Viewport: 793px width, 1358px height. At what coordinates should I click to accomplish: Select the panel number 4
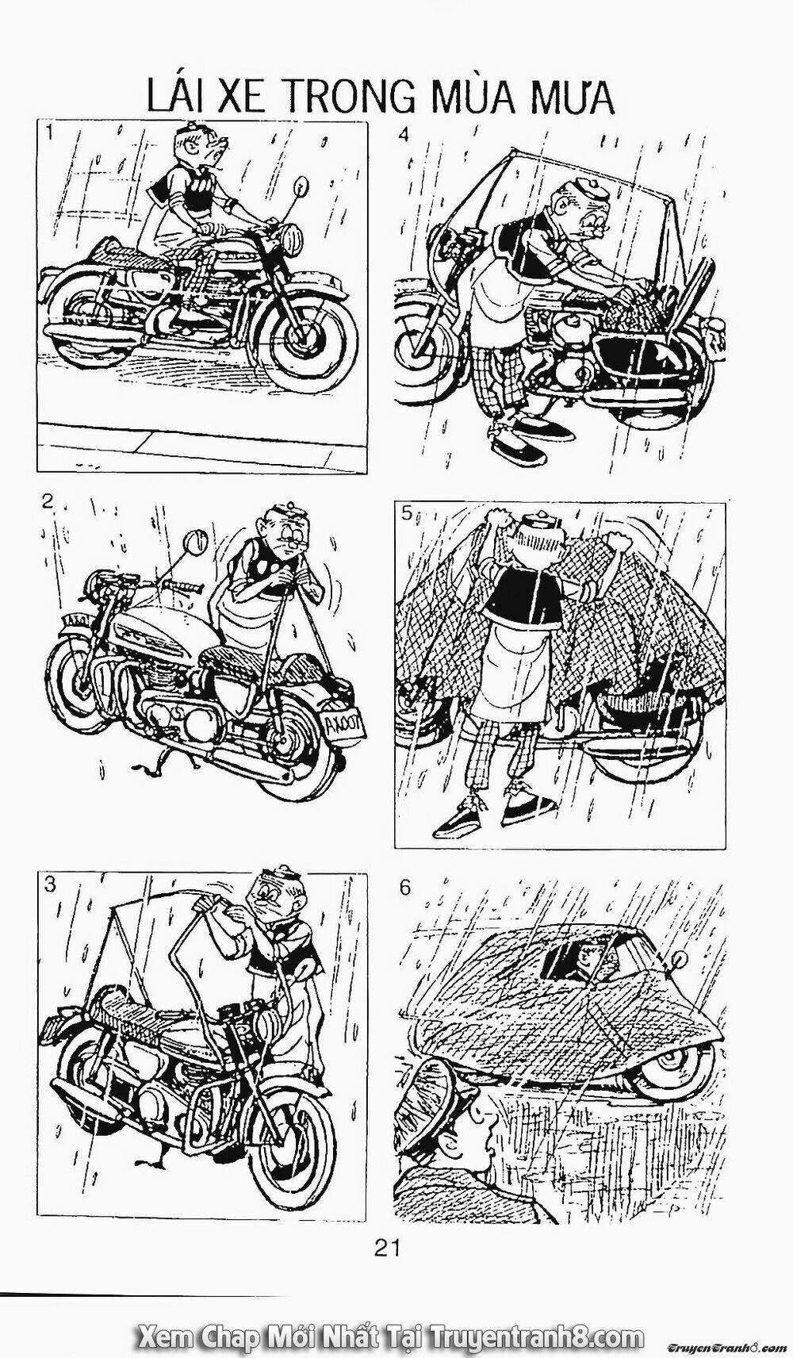(x=404, y=134)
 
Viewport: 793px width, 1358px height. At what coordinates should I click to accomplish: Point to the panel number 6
(x=405, y=887)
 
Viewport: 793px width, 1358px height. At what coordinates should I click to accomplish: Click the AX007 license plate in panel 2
(x=339, y=723)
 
